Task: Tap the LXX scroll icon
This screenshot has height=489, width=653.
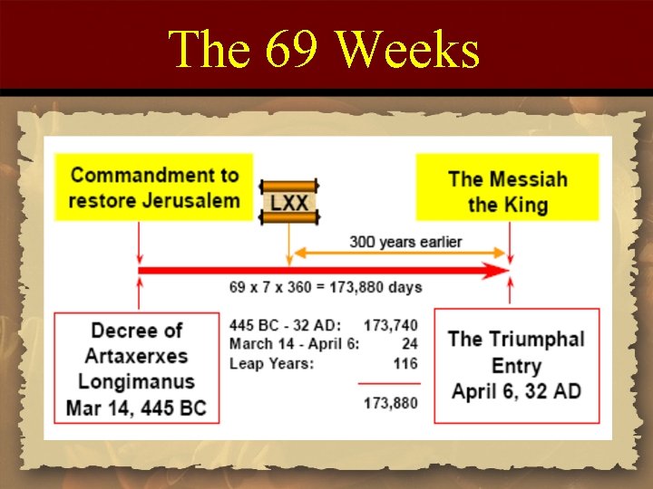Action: (288, 202)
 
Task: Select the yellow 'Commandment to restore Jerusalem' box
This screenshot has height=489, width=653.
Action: (154, 187)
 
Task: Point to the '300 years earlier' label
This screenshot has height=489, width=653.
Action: (405, 242)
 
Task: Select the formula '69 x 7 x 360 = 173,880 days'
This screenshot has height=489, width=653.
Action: (326, 288)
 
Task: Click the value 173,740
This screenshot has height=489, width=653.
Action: (390, 325)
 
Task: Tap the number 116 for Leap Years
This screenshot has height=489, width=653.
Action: (405, 363)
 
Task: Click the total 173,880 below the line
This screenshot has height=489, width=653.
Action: (390, 403)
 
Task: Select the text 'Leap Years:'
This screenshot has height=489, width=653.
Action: (271, 363)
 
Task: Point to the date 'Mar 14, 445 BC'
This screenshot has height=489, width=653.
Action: (136, 407)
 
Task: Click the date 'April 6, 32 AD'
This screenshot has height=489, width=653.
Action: (516, 392)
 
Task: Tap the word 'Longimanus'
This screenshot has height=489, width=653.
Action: (136, 380)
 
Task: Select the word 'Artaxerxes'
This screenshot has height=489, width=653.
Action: (136, 355)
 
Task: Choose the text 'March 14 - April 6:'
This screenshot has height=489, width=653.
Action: (294, 344)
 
